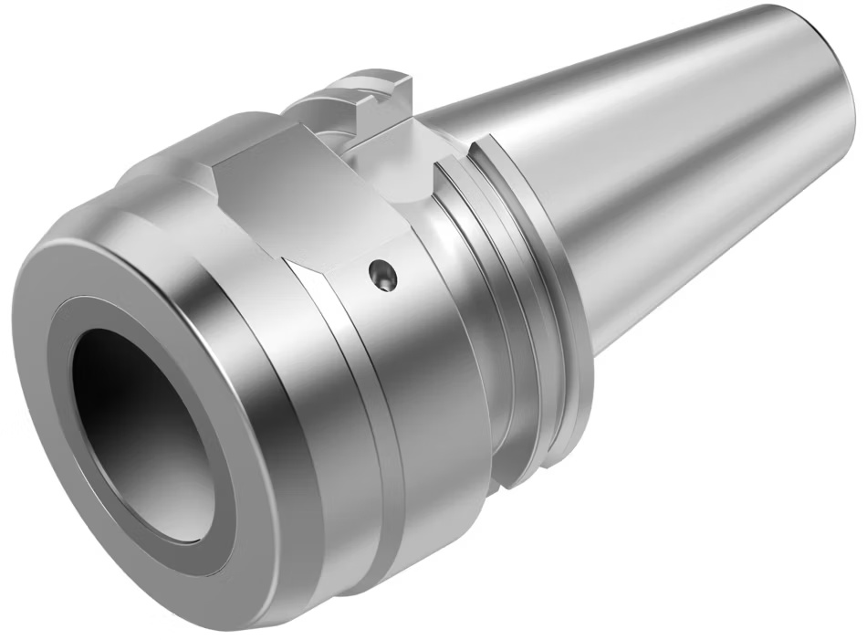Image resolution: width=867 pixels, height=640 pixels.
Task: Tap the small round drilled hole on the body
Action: (383, 274)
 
